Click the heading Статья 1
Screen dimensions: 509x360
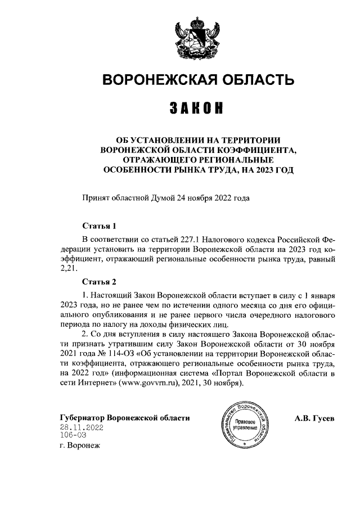point(99,227)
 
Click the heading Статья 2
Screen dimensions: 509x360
point(99,281)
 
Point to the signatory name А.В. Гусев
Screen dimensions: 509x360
point(314,418)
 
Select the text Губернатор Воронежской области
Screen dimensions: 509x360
point(124,418)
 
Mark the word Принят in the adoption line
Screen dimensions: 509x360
point(96,197)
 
